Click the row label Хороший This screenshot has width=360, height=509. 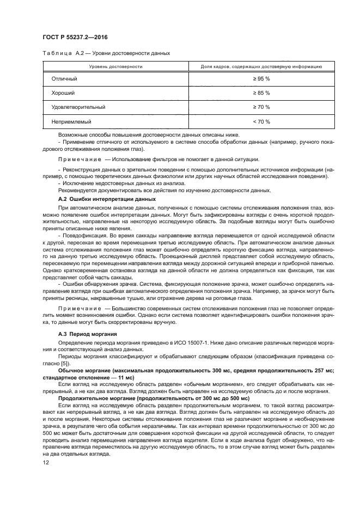coord(63,93)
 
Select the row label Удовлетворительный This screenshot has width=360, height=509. coord(78,107)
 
